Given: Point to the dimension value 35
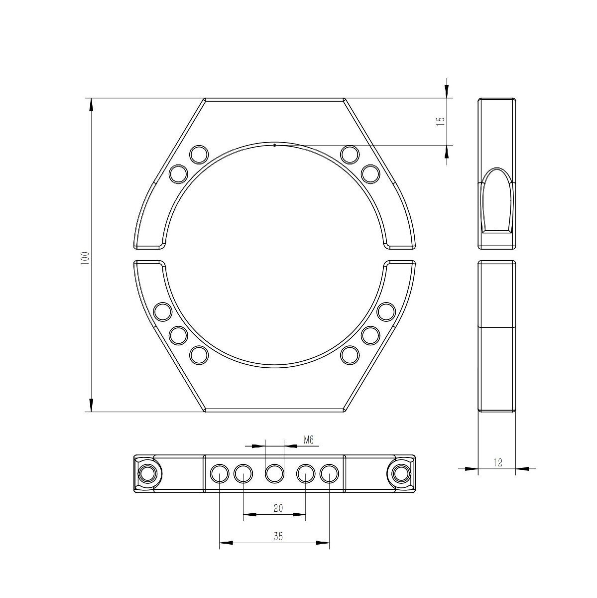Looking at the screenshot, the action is (278, 536).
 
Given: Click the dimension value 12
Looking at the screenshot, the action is (497, 462).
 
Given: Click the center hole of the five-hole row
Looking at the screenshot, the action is (274, 473).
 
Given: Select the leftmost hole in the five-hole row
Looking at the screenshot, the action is (220, 473).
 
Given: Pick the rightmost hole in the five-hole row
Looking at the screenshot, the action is (329, 473).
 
